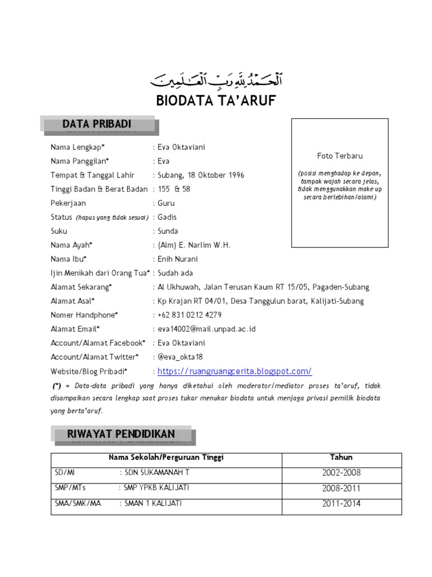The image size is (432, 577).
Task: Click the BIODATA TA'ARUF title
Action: point(216,101)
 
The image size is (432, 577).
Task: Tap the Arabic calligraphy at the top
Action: point(216,80)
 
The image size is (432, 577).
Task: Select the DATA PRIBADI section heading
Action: point(97,124)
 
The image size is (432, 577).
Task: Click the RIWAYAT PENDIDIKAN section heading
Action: point(121,434)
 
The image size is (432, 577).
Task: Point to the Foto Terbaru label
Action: point(340,156)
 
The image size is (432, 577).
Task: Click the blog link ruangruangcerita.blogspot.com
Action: point(235,371)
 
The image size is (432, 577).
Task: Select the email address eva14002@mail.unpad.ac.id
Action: point(206,329)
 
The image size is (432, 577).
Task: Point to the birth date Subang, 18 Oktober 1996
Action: point(201,175)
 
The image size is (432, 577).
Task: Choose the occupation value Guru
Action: point(166,203)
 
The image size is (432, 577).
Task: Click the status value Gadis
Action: point(168,218)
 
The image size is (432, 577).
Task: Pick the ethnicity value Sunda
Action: point(168,231)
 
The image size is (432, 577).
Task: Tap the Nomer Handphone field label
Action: point(84,315)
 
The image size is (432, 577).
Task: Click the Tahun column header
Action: point(341,458)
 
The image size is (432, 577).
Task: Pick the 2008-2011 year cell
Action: point(341,489)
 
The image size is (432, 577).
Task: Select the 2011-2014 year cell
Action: point(341,504)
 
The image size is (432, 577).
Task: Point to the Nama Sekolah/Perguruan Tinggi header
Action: point(170,458)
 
